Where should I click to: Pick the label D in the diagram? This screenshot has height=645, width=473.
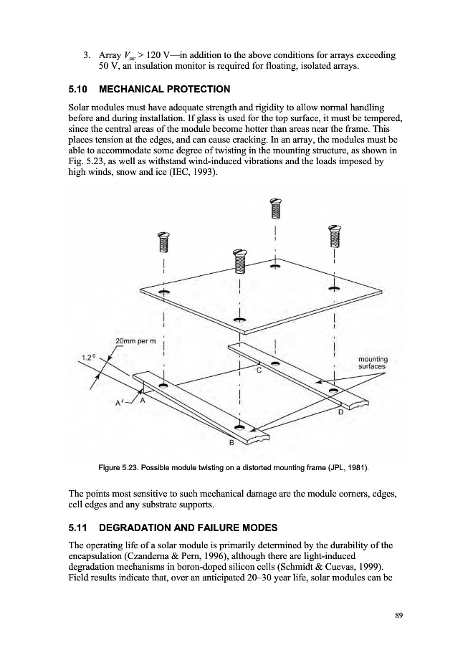340,413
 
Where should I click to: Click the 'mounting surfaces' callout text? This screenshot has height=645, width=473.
372,363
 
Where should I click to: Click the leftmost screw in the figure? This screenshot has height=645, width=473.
164,244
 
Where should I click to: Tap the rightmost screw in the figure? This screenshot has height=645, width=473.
333,234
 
